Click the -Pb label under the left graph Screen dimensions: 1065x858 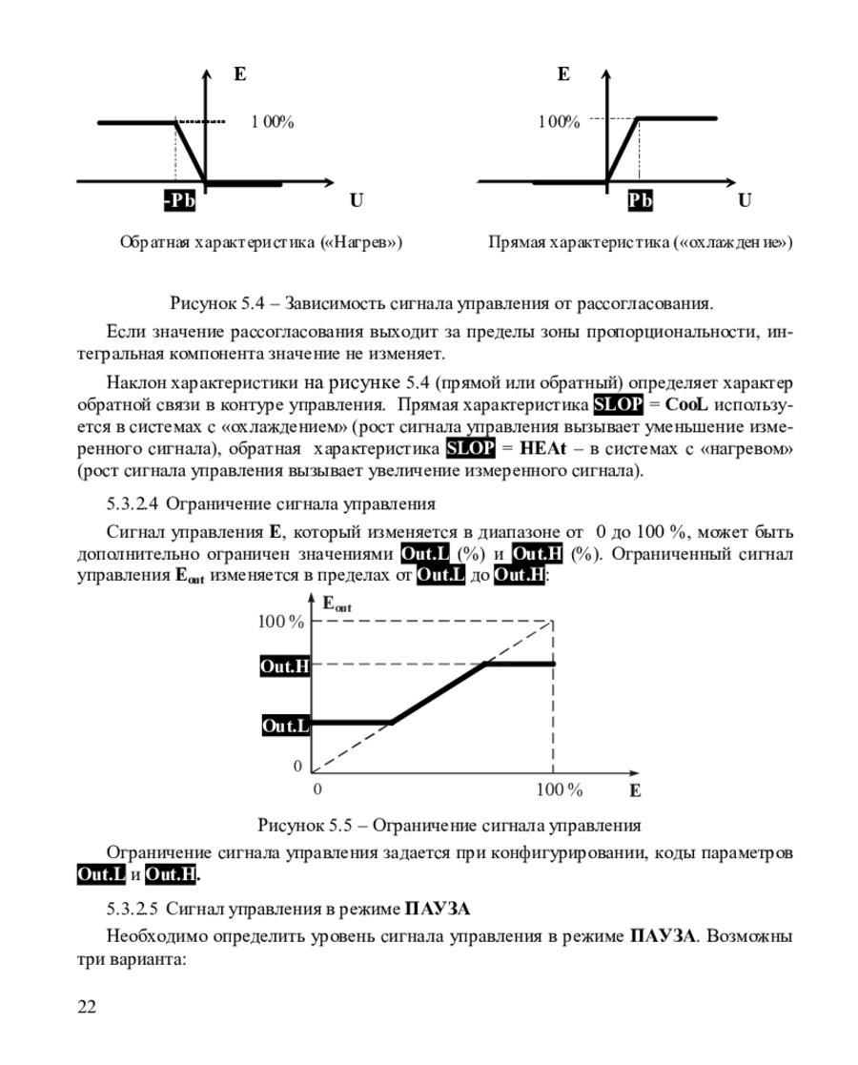click(178, 201)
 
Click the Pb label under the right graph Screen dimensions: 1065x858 click(641, 201)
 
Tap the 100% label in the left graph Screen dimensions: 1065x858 click(273, 122)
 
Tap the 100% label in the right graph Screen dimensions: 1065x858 click(558, 122)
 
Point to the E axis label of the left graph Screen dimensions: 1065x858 click(238, 72)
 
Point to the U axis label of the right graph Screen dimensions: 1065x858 click(744, 201)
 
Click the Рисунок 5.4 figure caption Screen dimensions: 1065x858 click(440, 305)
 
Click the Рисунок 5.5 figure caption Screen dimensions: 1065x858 click(447, 825)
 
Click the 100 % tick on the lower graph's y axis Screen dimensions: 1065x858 click(281, 623)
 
